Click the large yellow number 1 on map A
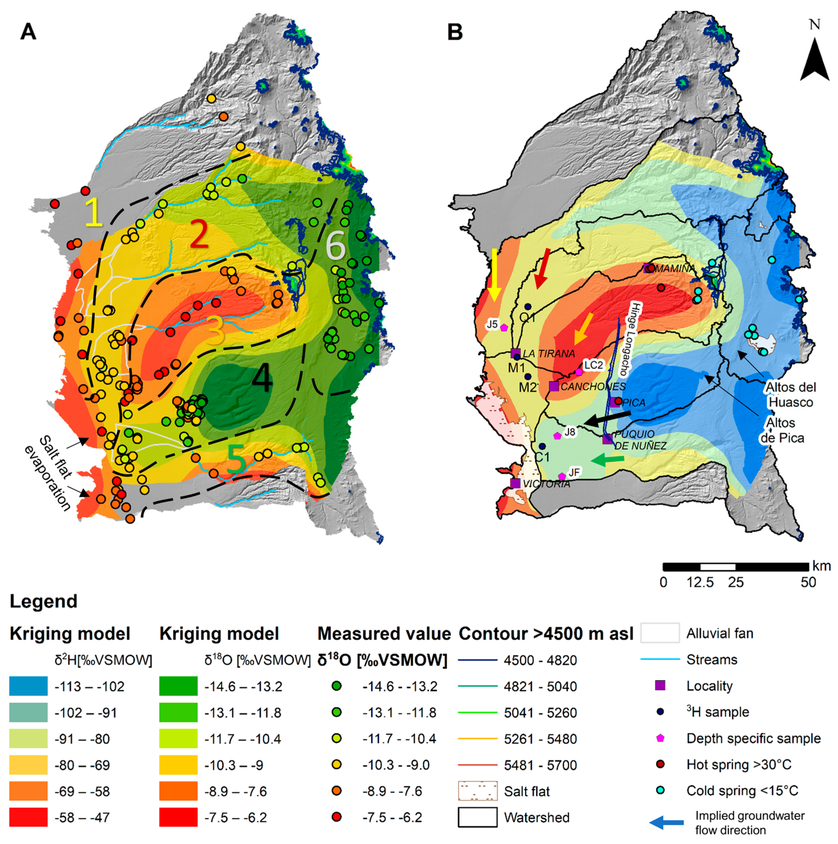click(x=94, y=212)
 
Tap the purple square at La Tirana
click(x=515, y=353)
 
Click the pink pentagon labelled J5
click(x=504, y=327)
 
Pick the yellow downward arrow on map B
click(x=494, y=274)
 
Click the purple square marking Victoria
click(x=515, y=483)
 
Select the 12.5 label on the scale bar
click(x=700, y=582)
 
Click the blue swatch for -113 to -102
click(x=28, y=686)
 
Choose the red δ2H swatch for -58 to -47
click(x=28, y=817)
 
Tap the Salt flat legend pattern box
click(x=478, y=791)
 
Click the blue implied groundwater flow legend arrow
click(x=667, y=823)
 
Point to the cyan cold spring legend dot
click(x=660, y=790)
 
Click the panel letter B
click(x=455, y=32)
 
